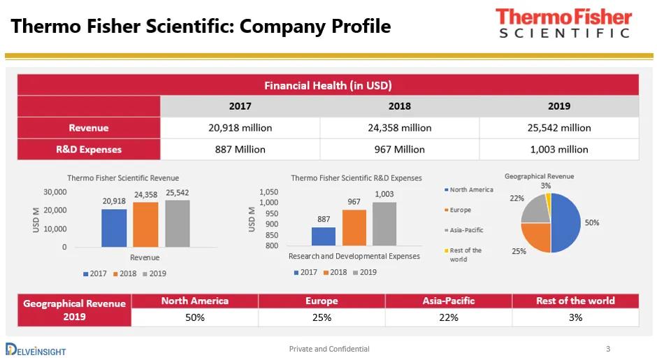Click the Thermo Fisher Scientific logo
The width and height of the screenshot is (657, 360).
[563, 23]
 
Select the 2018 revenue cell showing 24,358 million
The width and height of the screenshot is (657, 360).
[399, 128]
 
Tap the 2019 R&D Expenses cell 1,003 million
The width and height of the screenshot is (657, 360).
[558, 149]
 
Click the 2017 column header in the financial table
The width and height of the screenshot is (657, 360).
[240, 106]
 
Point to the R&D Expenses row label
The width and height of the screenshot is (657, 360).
[89, 149]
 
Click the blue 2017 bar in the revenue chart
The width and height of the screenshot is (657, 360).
[114, 227]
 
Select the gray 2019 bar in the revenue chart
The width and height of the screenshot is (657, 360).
[178, 223]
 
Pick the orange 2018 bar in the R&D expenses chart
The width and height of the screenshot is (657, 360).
[354, 227]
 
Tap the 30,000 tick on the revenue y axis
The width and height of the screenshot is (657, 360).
[55, 192]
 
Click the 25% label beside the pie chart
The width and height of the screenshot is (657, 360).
[519, 251]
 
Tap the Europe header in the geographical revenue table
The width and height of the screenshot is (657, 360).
[322, 301]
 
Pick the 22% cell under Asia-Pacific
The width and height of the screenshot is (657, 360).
[448, 317]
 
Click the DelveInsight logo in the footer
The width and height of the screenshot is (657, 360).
[35, 349]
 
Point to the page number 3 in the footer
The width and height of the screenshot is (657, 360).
[608, 349]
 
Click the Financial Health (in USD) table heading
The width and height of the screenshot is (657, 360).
[328, 85]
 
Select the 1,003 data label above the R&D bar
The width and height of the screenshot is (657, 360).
[384, 194]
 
